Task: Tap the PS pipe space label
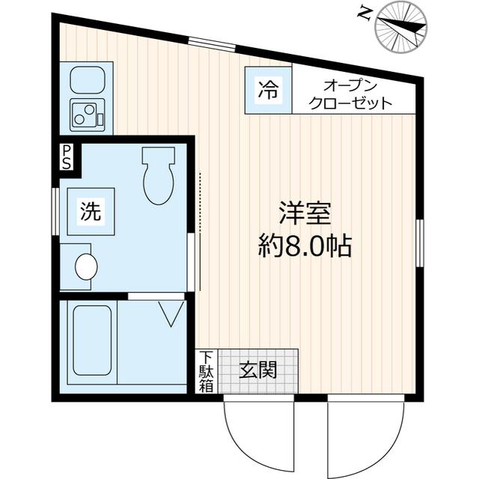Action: tap(67, 157)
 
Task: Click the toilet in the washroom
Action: tap(159, 176)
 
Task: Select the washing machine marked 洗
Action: tap(91, 211)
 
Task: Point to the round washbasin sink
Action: tap(86, 266)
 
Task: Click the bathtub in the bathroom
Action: tap(92, 341)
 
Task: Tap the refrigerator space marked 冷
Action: tap(268, 91)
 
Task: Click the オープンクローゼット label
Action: tap(350, 95)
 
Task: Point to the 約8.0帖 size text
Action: tap(305, 245)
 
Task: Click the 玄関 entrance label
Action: tap(258, 370)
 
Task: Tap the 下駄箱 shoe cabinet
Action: tap(207, 371)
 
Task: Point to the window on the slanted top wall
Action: tap(212, 43)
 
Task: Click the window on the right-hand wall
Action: tap(420, 242)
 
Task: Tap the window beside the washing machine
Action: tap(55, 211)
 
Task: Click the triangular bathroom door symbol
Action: tap(171, 314)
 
